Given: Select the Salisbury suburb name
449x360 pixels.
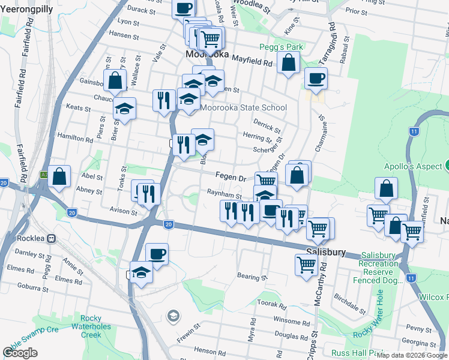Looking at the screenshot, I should (325, 253).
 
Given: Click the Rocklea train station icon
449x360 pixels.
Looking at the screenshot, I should (52, 238).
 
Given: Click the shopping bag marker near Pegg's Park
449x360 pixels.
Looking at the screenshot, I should (289, 62).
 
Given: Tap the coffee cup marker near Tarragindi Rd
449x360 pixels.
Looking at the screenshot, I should (316, 77).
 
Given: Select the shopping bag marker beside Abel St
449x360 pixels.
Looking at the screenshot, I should (59, 176).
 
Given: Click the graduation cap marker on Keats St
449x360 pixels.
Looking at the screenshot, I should (125, 109).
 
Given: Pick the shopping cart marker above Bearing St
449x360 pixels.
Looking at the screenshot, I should (306, 264).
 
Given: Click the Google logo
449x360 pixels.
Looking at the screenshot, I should (20, 353).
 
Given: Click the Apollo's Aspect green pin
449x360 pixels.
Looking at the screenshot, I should (447, 166).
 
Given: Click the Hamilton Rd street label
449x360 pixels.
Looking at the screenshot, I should (76, 138).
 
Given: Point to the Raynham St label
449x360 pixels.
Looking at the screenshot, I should (224, 196).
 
